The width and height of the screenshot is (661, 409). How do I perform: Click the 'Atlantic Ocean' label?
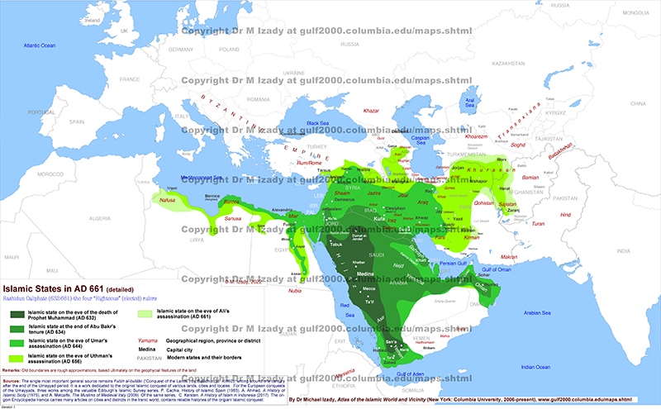pyautogui.click(x=39, y=42)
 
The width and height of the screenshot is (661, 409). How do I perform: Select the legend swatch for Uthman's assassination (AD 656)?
pyautogui.click(x=17, y=358)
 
